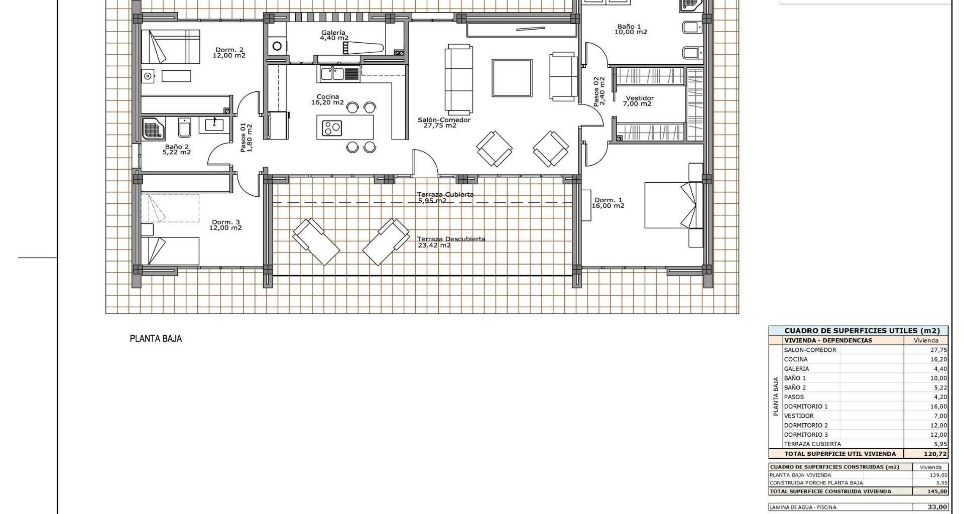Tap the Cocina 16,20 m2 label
coord(327,99)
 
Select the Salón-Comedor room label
coord(444,120)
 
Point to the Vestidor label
coord(640,98)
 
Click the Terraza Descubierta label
coord(451,239)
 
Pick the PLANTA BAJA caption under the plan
coord(156,339)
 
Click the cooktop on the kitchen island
coord(332,128)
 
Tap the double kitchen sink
coord(331,74)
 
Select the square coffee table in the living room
coord(512,78)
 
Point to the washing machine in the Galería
coord(277,46)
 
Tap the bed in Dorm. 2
coord(170,46)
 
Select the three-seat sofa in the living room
coord(459,78)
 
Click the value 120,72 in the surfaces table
coord(936,454)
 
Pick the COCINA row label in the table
coord(796,359)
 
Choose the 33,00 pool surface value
coord(937,507)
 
